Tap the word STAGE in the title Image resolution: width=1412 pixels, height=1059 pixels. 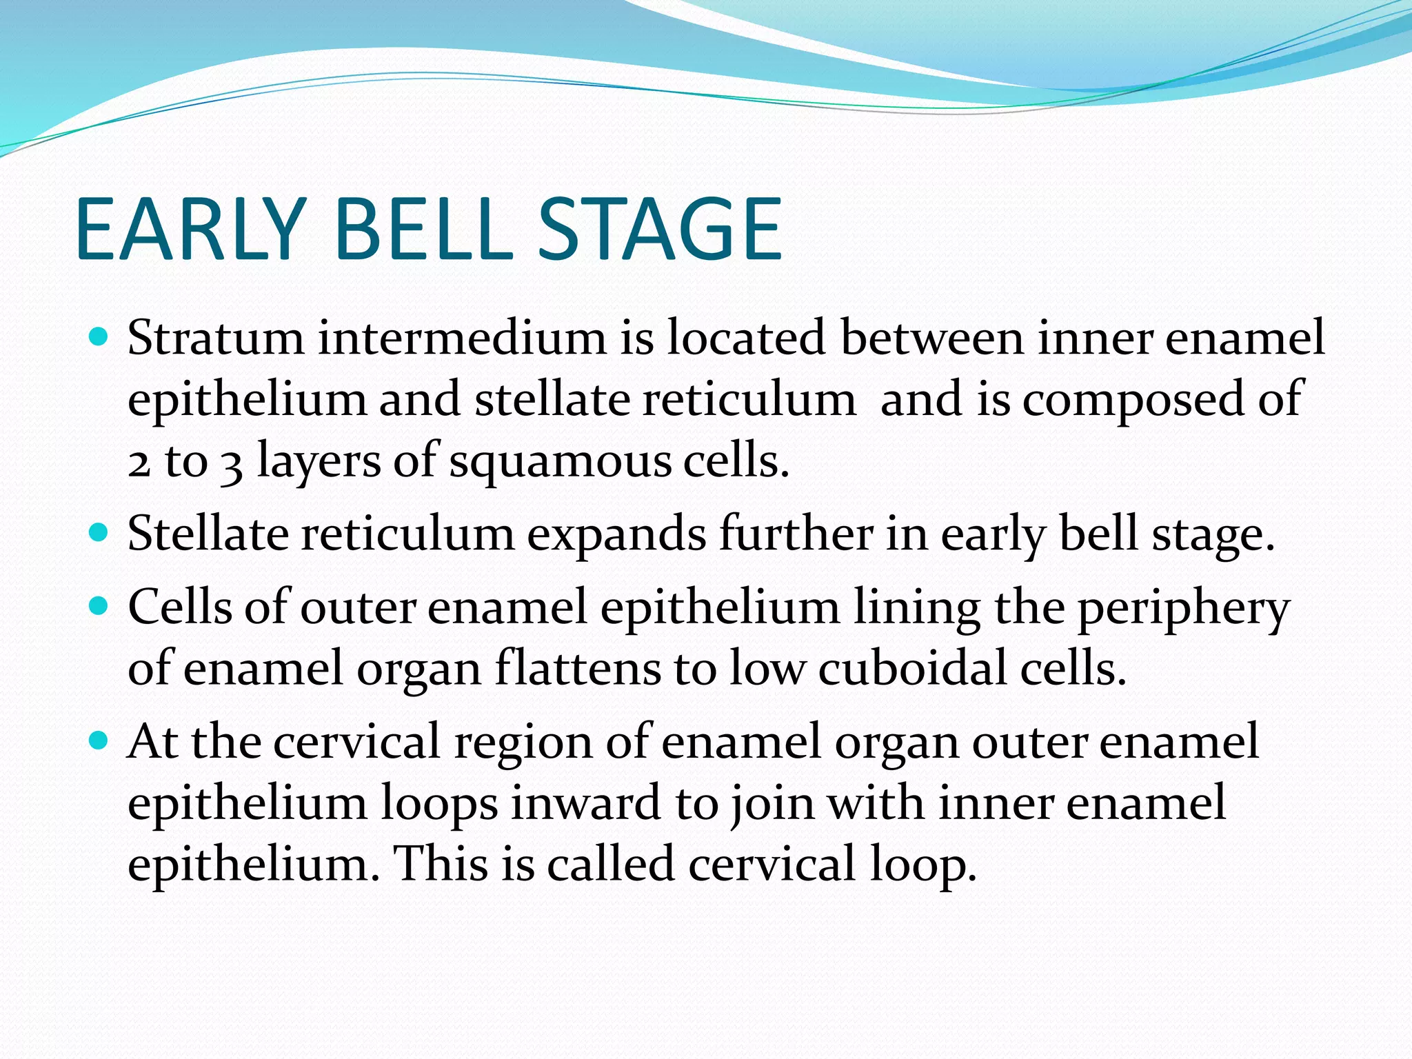point(660,229)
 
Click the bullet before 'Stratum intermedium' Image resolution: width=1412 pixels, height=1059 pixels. point(100,338)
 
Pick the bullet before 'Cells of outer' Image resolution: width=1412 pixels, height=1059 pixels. point(100,607)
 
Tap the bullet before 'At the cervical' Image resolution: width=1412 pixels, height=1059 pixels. point(100,741)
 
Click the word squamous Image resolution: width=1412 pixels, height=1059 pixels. point(560,461)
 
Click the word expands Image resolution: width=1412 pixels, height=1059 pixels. point(616,534)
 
